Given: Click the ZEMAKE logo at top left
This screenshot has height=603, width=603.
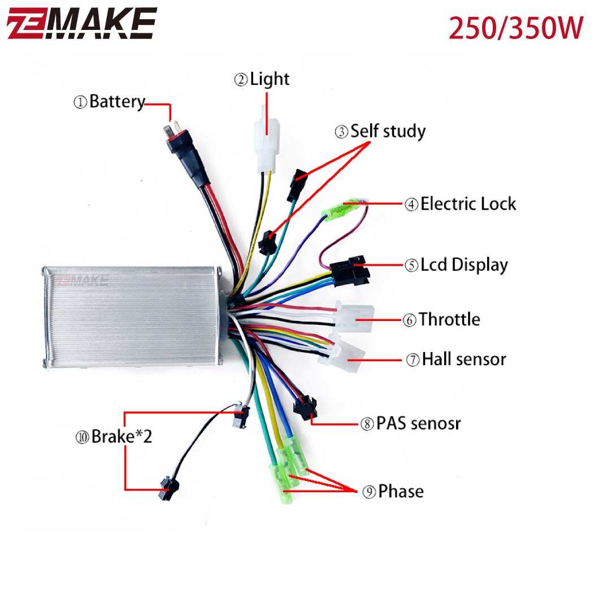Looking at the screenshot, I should tap(81, 24).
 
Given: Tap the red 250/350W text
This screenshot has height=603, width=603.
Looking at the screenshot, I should tap(515, 28).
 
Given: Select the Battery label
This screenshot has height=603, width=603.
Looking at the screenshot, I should tap(109, 102).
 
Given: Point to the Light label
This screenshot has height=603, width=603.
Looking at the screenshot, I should tap(262, 80).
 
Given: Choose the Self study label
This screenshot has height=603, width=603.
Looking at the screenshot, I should tap(380, 132).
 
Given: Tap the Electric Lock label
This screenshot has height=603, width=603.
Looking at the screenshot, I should tap(461, 204).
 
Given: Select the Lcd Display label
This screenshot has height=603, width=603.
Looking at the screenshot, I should tap(456, 265).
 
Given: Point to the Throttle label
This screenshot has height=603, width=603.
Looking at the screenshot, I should tap(442, 320).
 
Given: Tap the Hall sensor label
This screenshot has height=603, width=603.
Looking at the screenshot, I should tap(456, 359).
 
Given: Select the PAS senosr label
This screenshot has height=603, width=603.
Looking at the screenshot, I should tap(411, 423).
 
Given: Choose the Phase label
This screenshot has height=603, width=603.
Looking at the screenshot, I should tap(393, 492).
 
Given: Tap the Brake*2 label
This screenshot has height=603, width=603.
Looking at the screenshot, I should tap(114, 437).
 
